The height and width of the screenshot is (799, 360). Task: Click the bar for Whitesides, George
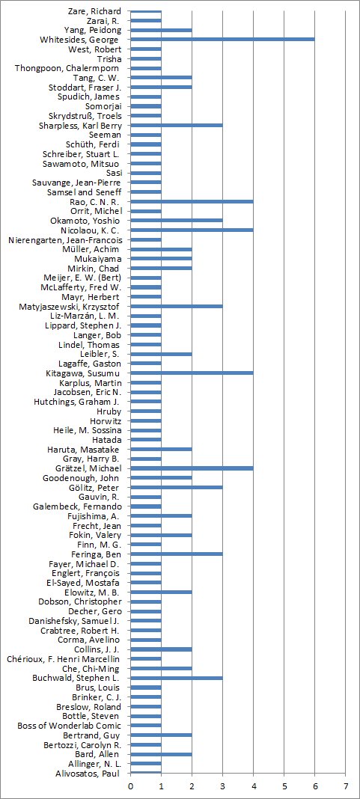pos(222,40)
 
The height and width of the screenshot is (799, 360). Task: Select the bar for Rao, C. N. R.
pos(192,202)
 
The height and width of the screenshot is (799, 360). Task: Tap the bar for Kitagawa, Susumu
pos(192,373)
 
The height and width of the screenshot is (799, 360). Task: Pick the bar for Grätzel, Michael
pos(192,468)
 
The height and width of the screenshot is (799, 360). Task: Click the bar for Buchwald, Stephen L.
pos(177,678)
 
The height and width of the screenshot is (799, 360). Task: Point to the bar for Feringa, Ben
pos(177,554)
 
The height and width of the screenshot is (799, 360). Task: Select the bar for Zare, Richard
pos(146,11)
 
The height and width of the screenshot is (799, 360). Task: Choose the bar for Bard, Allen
pos(161,754)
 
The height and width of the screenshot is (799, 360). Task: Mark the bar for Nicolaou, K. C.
pos(192,230)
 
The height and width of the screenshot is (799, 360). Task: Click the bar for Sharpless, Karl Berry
pos(177,126)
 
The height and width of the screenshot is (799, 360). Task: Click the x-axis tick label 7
pos(346,786)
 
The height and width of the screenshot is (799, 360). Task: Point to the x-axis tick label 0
pos(130,786)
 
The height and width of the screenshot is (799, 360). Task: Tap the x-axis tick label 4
pos(254,786)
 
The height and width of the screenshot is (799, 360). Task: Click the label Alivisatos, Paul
pos(87,773)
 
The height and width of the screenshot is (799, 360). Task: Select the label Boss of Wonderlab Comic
pos(69,726)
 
